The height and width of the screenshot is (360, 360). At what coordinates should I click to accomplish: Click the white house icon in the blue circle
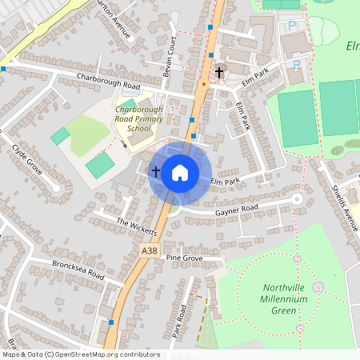(x=180, y=172)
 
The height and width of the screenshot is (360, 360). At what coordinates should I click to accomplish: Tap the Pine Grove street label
(x=185, y=258)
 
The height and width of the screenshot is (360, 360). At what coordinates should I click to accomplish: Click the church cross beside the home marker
(x=155, y=170)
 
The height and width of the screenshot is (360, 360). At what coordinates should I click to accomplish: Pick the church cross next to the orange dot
(x=218, y=73)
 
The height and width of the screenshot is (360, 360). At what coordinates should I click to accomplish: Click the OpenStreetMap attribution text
(x=80, y=354)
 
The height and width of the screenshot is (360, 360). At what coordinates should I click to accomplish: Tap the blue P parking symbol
(x=291, y=26)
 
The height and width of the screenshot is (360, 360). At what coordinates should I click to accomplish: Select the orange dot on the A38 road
(x=204, y=82)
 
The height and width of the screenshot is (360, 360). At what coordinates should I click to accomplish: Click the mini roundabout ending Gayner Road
(x=297, y=198)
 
